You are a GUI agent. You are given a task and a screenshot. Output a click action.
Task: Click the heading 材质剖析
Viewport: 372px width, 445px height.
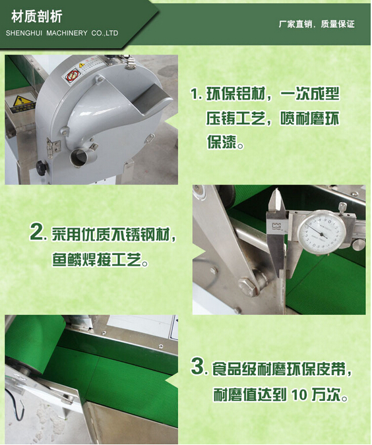[x=37, y=16]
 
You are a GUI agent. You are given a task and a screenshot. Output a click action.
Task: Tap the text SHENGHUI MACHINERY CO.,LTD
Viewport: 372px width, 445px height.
[x=62, y=33]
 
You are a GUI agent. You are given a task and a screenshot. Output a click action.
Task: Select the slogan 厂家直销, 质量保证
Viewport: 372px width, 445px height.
[x=317, y=24]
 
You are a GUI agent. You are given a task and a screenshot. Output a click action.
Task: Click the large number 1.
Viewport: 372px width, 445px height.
[x=195, y=94]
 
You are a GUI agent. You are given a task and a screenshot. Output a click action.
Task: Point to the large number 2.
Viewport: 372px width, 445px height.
[x=38, y=233]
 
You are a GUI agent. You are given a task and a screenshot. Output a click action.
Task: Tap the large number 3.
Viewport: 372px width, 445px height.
[x=198, y=366]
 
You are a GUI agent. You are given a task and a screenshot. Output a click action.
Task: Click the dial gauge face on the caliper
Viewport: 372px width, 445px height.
[x=321, y=232]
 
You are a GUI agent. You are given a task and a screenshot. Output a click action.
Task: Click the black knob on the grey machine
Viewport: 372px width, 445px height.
[x=42, y=167]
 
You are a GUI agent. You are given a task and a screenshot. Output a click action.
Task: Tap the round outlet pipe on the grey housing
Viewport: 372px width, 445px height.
[x=80, y=157]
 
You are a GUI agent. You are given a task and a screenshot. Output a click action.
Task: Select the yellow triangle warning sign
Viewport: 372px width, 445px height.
[x=20, y=102]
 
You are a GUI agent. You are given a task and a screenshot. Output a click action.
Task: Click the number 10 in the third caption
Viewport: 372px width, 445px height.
[x=299, y=394]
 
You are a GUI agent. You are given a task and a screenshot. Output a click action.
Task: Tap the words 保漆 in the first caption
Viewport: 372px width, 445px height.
[x=222, y=142]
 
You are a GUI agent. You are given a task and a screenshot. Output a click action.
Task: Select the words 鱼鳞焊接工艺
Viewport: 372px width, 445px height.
[x=96, y=259]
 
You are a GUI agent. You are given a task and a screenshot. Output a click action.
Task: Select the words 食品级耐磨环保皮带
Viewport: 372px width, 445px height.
[x=279, y=369]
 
